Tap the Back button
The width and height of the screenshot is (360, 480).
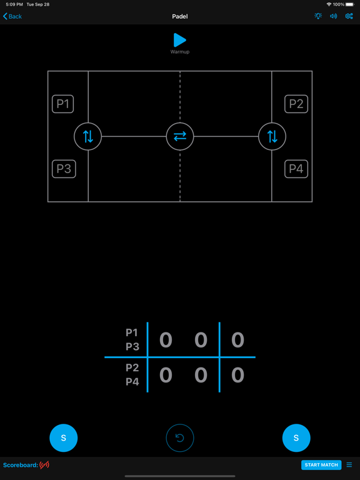pos(12,16)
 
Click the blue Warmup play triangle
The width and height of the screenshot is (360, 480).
pos(180,40)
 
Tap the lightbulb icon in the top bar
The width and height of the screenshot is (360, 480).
pos(318,16)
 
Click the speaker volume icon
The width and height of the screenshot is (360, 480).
pos(333,16)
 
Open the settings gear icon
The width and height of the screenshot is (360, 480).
pos(349,16)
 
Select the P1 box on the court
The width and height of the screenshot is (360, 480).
pos(62,104)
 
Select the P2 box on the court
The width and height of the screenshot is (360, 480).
pos(296,104)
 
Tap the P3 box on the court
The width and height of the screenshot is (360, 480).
pos(64,169)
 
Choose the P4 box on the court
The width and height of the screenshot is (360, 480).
pos(296,169)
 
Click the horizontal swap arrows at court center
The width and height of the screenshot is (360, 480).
pos(180,136)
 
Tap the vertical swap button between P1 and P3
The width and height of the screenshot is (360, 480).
pos(88,136)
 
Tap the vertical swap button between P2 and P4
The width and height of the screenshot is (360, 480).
pos(272,136)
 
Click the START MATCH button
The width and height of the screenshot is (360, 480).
pos(321,465)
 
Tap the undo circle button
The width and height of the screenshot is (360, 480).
pos(180,437)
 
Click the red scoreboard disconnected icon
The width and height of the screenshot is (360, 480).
pos(44,465)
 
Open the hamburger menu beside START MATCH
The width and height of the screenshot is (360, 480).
pos(349,465)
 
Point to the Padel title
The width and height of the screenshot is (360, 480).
pos(180,16)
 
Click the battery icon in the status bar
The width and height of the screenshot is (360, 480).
pos(349,4)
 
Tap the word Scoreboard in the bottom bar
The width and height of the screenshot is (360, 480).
pos(21,465)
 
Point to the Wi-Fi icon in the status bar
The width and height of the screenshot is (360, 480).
pos(329,4)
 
